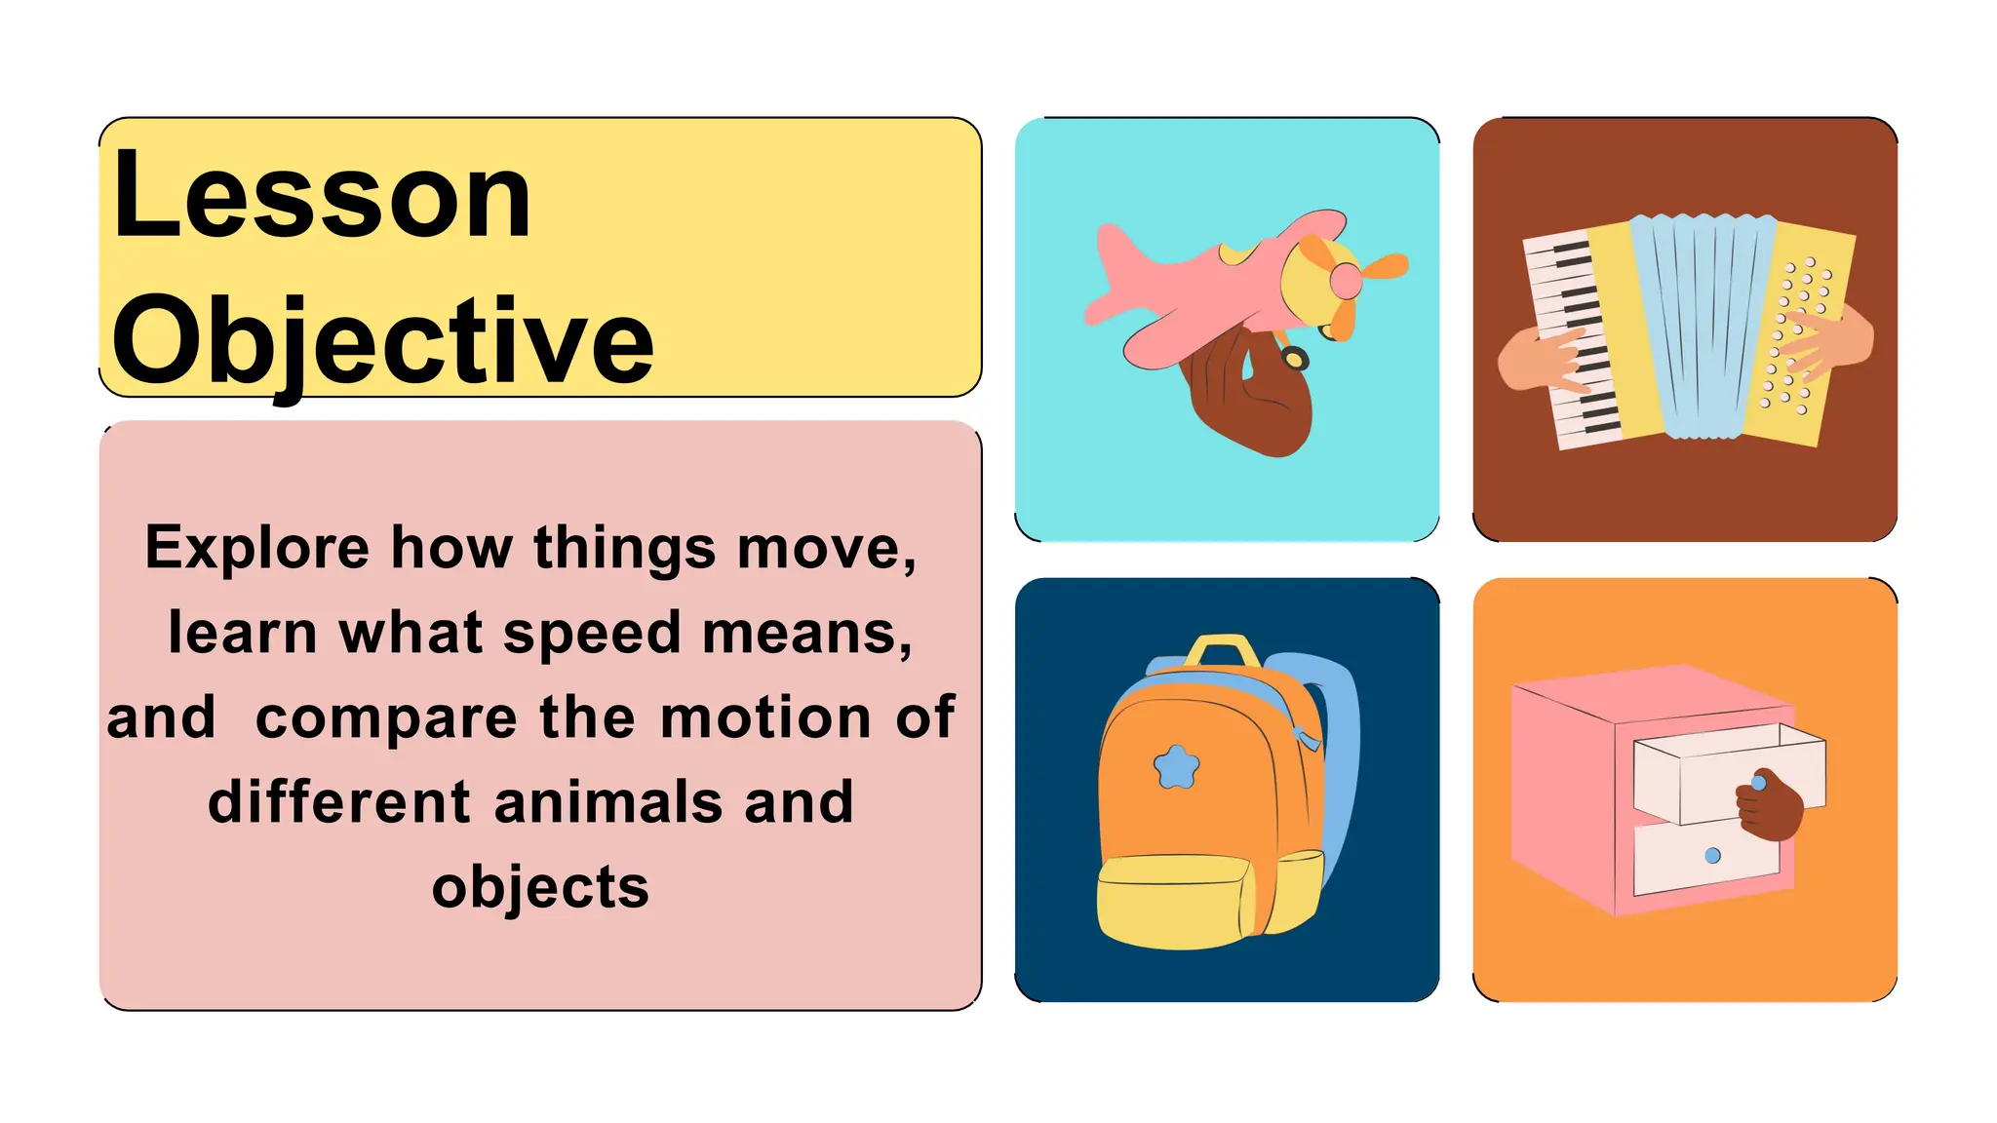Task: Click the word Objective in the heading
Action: pos(382,341)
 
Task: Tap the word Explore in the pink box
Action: pos(256,548)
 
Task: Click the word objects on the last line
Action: pos(540,887)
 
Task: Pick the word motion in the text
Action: pos(765,717)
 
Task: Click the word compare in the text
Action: pos(386,719)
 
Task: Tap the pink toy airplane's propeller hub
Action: pos(1347,282)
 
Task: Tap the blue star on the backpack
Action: pos(1176,767)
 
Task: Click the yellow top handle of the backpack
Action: pos(1223,648)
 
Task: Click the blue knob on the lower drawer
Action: pos(1712,856)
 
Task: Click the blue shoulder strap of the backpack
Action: pos(1340,741)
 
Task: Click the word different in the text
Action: pos(339,802)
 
